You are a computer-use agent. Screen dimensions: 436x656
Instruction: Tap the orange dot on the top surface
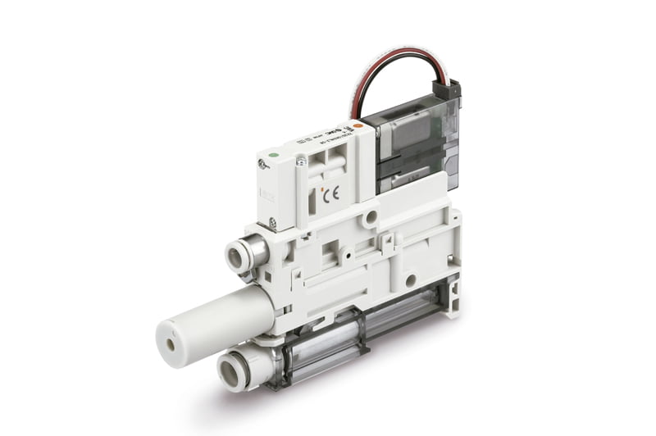[358, 126]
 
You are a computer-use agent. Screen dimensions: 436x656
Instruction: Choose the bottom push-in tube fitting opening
[233, 371]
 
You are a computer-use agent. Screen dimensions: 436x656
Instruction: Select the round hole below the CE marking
[371, 216]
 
